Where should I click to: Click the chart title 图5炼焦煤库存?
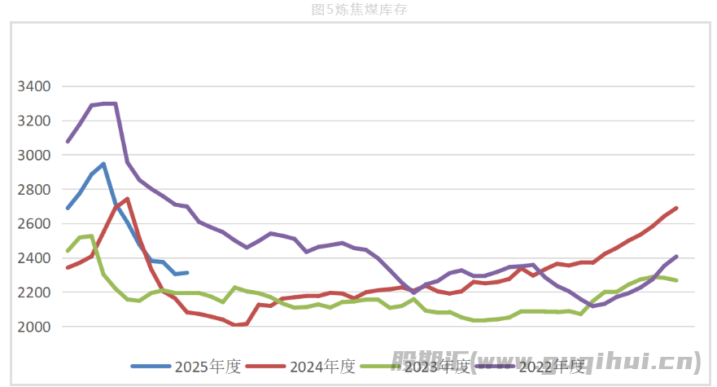coord(358,10)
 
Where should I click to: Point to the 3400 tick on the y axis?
coord(34,86)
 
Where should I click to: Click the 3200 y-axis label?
coord(34,121)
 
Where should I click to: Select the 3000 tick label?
coord(34,155)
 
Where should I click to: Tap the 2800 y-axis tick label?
coord(34,189)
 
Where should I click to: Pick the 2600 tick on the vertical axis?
coord(34,223)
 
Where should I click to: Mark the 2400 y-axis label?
coord(34,257)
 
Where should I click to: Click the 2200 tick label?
coord(34,292)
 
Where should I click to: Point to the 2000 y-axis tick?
coord(34,326)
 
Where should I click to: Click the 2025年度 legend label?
coord(208,367)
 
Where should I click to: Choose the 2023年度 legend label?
coord(437,367)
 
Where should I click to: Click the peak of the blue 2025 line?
coord(103,164)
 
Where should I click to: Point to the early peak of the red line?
coord(127,199)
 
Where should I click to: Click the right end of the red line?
coord(676,208)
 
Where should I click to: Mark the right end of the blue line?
coord(187,272)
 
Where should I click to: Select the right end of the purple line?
coord(676,256)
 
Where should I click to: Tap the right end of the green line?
coord(676,280)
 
